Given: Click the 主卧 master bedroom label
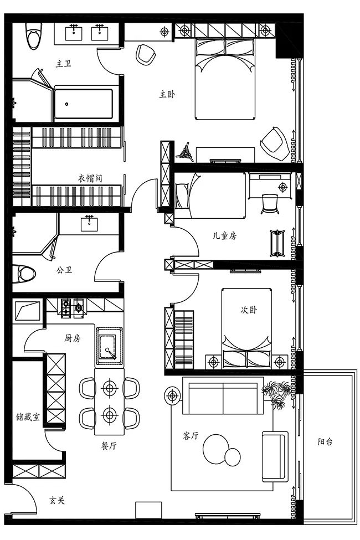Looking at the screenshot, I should coord(167,95).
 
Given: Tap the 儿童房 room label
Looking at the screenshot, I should coord(225,235).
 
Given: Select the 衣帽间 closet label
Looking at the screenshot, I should coord(90,178).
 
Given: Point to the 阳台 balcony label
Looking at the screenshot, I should coord(325,442).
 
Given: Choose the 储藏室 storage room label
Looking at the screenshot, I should coord(27,417).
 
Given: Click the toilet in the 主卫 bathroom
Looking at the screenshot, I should coord(33,38).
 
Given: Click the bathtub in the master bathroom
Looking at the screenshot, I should coord(83,103).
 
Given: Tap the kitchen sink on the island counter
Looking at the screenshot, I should coord(109,346).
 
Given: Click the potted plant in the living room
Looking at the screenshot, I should coord(277,394).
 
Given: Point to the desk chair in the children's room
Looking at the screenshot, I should coord(270,203).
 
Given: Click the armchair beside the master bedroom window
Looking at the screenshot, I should coord(273,142).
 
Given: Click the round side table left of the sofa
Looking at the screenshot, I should coord(173,395).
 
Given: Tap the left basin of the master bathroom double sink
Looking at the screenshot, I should coord(74,33).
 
